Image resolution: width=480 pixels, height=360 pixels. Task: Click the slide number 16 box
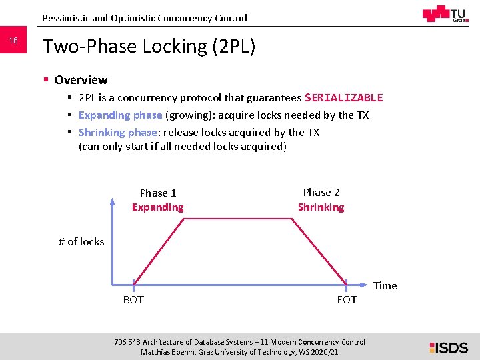[x=13, y=42]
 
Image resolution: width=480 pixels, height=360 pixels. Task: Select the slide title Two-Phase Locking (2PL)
[x=149, y=47]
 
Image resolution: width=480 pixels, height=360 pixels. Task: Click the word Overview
[x=81, y=80]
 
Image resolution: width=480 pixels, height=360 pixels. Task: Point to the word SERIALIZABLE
[x=343, y=98]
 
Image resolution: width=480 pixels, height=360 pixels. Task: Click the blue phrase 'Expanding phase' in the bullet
[x=120, y=115]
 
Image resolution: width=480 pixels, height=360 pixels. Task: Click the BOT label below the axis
[x=133, y=300]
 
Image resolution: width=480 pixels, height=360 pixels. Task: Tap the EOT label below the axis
[x=347, y=300]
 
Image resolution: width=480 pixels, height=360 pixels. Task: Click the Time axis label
[x=385, y=286]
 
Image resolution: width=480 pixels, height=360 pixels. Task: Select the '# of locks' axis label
[x=81, y=242]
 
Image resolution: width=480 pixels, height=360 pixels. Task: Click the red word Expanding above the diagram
[x=157, y=207]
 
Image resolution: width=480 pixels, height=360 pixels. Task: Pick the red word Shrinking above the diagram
[x=321, y=207]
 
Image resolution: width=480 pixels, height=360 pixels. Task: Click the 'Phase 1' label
[x=158, y=193]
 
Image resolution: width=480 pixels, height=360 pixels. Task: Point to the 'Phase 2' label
[x=321, y=193]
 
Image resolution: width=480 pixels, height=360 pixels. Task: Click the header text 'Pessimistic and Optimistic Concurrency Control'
[x=144, y=18]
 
